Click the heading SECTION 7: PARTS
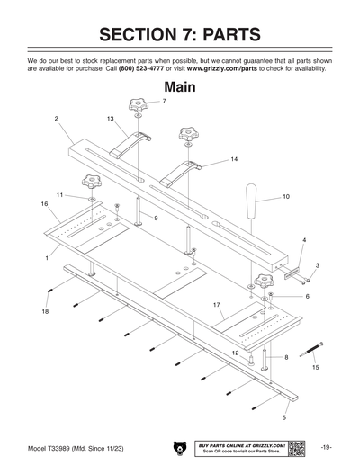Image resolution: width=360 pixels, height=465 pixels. tap(180, 35)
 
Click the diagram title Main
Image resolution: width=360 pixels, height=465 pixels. tap(180, 87)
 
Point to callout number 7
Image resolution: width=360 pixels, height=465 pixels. tap(164, 102)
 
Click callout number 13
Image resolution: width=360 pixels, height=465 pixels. tap(111, 119)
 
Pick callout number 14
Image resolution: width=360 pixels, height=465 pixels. tap(233, 159)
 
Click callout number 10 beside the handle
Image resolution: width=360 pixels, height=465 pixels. tap(285, 196)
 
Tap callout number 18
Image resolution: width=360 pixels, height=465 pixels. tap(45, 311)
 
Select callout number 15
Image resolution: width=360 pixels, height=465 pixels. tap(315, 367)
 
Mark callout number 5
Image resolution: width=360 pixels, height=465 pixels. tap(284, 418)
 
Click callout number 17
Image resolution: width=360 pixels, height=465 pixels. tap(217, 306)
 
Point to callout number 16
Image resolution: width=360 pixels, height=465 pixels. tap(44, 204)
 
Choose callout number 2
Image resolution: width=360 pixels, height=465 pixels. tap(56, 119)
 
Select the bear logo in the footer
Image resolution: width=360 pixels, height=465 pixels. tap(180, 446)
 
